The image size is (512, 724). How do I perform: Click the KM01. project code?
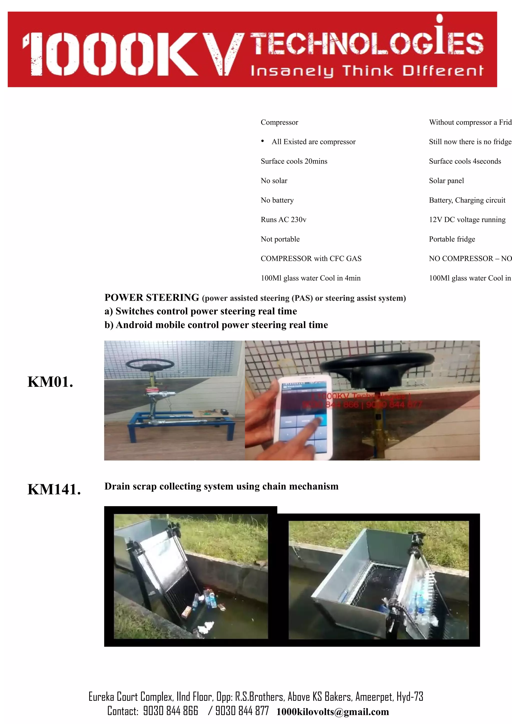point(50,382)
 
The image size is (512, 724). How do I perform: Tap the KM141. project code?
point(54,490)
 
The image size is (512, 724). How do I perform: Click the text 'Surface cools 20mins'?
point(294,161)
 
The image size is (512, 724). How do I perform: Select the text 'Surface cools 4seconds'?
point(465,161)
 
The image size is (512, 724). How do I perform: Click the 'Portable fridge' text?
point(452,239)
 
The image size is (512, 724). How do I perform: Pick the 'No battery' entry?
point(277,200)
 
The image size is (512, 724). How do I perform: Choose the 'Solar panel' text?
point(446,181)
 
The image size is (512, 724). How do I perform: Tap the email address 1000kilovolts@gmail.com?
point(332,712)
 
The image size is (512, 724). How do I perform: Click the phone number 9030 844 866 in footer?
point(170,711)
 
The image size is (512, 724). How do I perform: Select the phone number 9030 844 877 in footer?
point(242,711)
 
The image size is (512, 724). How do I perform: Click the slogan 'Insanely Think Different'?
point(366,71)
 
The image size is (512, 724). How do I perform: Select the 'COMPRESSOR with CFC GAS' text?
point(311,259)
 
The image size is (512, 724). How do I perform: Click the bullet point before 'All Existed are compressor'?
point(262,141)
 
